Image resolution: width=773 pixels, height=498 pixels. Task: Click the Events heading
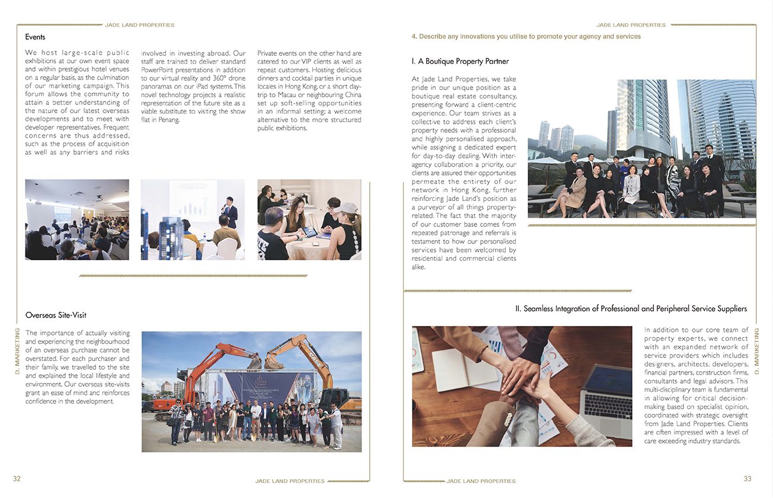[35, 37]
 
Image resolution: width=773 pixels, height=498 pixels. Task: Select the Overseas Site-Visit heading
[56, 315]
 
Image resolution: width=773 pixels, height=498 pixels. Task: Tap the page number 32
[17, 479]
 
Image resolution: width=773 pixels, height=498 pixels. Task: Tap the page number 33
[748, 479]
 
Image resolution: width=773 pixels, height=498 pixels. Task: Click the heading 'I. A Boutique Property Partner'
[460, 61]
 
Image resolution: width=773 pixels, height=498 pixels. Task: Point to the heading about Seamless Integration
[631, 309]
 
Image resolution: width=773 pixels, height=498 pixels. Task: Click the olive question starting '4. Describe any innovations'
[526, 37]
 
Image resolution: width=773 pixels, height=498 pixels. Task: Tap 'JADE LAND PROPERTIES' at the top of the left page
[139, 25]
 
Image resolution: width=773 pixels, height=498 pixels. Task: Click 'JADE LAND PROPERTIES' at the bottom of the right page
[481, 481]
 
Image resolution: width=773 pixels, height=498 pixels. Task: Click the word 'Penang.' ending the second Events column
[169, 120]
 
